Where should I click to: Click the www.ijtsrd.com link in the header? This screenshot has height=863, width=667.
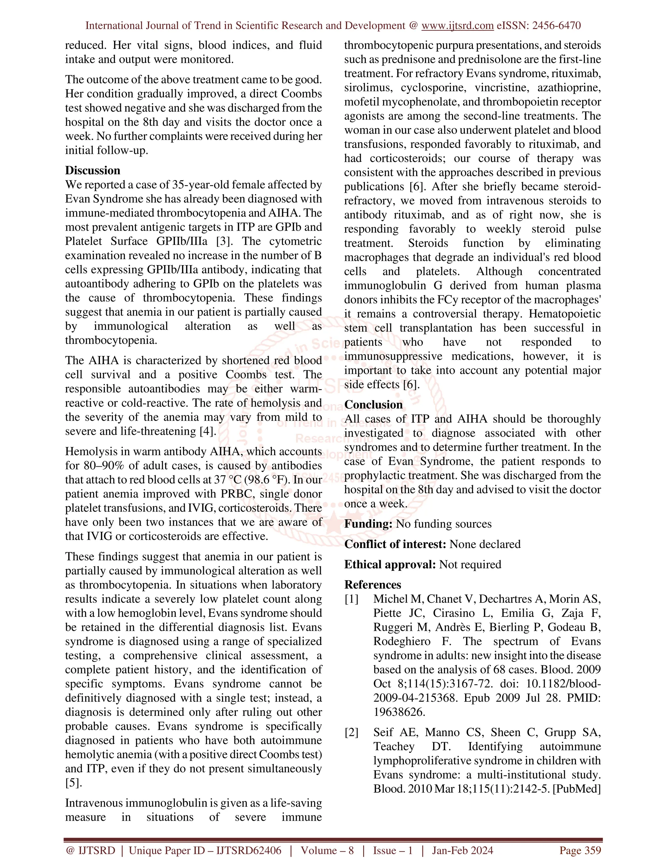[457, 26]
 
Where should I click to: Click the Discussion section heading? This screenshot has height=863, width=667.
[92, 170]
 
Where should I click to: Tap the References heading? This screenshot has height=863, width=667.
[373, 585]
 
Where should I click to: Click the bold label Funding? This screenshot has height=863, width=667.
[368, 524]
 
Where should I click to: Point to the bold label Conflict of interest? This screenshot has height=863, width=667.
[395, 544]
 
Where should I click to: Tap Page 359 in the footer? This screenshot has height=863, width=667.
[580, 850]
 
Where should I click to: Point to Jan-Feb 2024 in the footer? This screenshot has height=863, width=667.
[462, 850]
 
